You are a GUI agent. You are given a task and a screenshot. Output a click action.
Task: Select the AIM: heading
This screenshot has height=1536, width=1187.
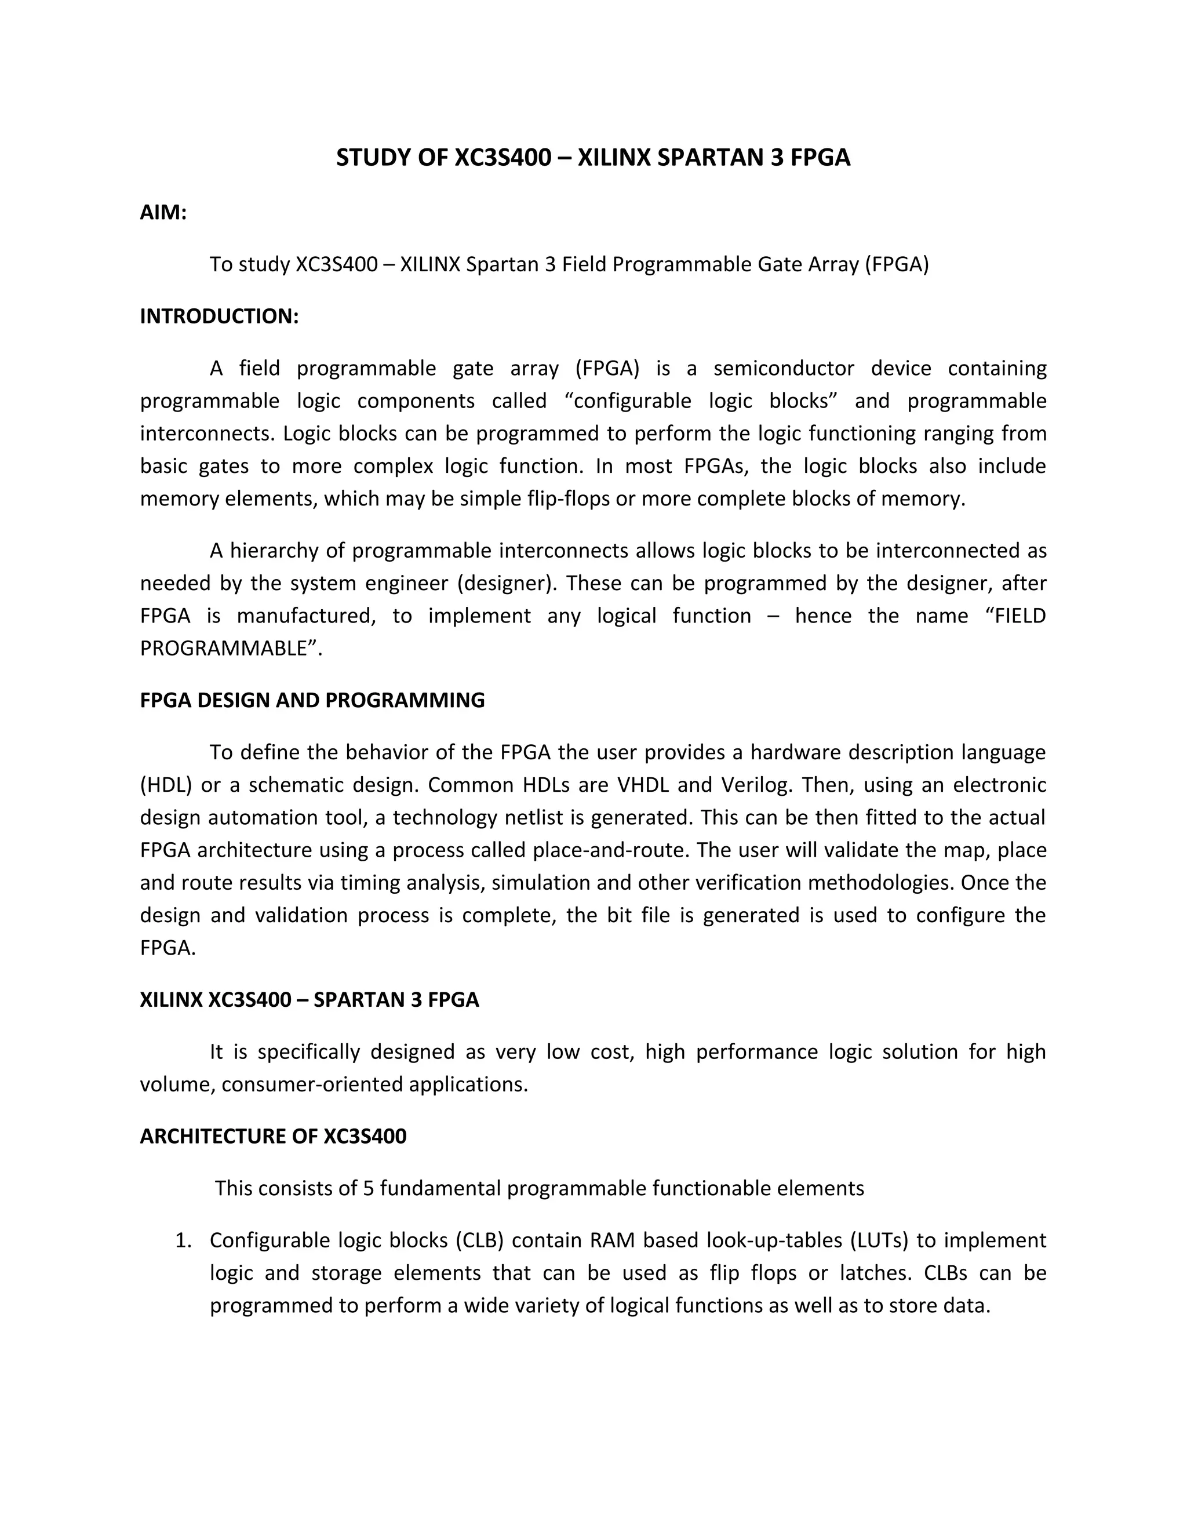pos(163,212)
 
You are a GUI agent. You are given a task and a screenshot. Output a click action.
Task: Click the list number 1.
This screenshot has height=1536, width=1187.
pos(182,1240)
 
